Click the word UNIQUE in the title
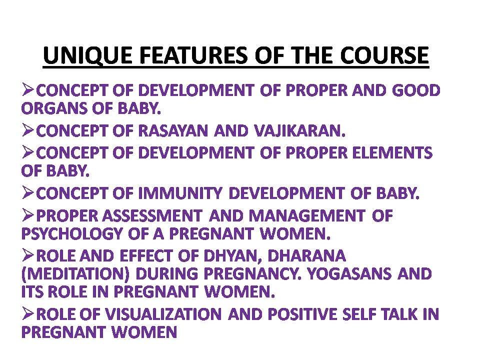(87, 55)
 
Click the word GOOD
(416, 90)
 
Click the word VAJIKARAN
(299, 131)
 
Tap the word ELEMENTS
(392, 153)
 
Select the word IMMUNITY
(180, 193)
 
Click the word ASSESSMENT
(152, 216)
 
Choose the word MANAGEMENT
(307, 216)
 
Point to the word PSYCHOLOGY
(72, 234)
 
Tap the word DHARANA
(306, 256)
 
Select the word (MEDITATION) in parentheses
(75, 274)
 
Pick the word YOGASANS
(349, 274)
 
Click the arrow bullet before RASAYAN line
(27, 130)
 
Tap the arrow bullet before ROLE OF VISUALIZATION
(27, 314)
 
